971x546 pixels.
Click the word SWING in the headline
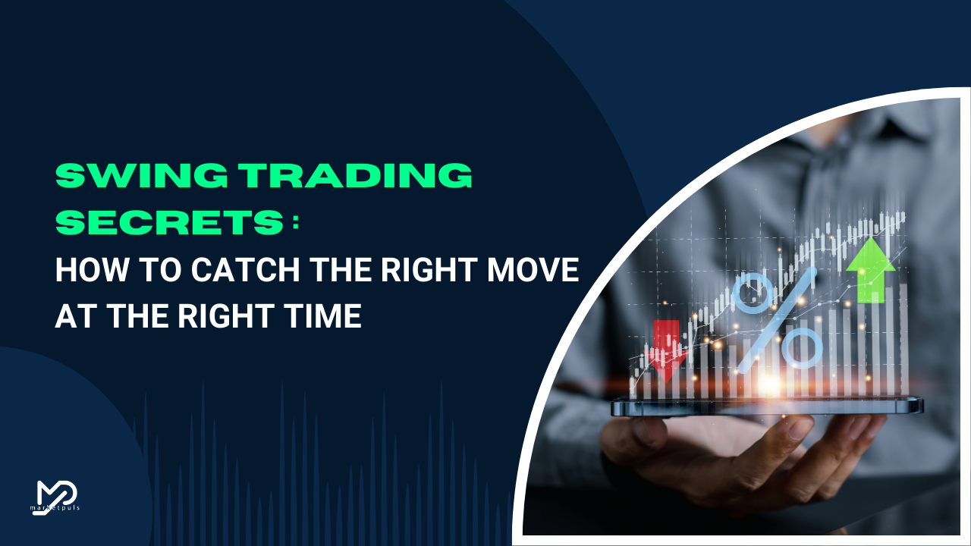point(142,175)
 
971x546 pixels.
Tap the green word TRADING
point(357,175)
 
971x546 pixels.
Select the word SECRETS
point(170,222)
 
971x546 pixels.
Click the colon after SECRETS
point(296,222)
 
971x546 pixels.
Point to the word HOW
point(92,269)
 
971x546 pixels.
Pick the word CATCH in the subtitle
point(245,269)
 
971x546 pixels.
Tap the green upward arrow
point(871,270)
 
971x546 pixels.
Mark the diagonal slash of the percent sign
point(778,321)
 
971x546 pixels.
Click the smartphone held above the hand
point(767,406)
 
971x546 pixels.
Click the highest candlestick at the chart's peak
point(903,216)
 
